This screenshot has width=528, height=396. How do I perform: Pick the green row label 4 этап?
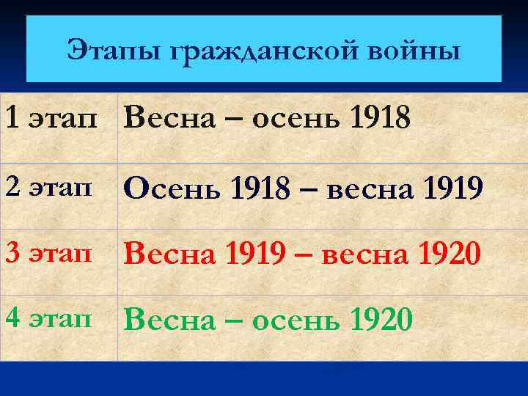coord(49,318)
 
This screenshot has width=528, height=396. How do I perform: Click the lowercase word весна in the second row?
coord(364,191)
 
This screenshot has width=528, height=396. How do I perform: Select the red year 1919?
coord(247,254)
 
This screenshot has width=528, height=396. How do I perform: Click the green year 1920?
coord(382,319)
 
